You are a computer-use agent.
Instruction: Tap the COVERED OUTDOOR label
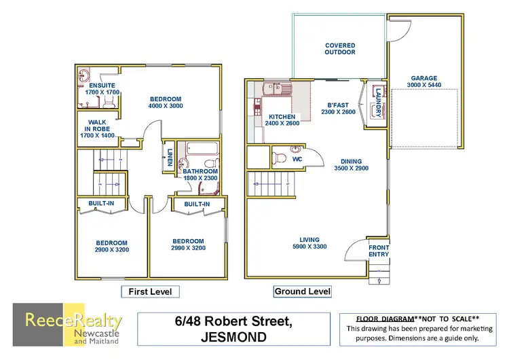(339, 48)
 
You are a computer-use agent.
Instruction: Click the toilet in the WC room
(279, 158)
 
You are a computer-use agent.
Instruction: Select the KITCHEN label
(282, 116)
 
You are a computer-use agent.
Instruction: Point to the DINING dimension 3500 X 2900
(351, 168)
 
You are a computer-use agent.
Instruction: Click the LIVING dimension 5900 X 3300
(309, 246)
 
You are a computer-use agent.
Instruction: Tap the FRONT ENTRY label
(379, 251)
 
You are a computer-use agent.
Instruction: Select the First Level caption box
(150, 291)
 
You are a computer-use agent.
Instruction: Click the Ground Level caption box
(302, 291)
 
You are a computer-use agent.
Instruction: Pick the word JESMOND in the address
(235, 338)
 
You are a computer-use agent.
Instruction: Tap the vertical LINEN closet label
(168, 158)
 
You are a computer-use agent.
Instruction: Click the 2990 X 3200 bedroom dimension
(187, 249)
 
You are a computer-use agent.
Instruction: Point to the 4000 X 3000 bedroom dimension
(166, 106)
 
